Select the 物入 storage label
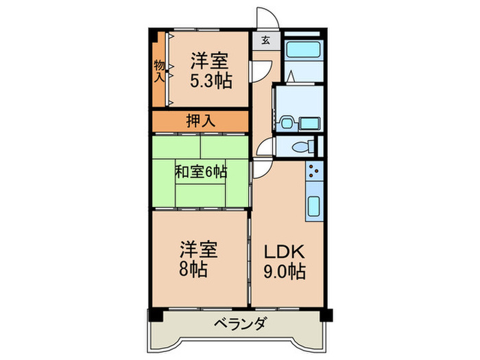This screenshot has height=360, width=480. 159,71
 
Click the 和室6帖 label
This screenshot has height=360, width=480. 201,171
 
